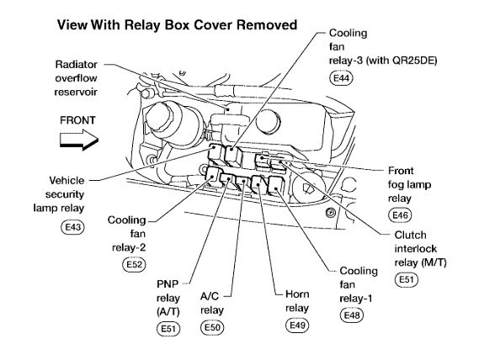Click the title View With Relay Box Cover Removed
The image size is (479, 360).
[177, 25]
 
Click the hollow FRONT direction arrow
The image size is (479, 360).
[79, 140]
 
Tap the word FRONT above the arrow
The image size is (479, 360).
[77, 120]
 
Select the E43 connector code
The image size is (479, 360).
[72, 227]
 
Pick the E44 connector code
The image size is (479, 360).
[341, 78]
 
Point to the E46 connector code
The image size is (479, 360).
[400, 215]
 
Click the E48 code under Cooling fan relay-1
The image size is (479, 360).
[352, 315]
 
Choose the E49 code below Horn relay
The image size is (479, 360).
[297, 326]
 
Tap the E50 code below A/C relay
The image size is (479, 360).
[212, 328]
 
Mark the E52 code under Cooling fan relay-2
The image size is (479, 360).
[134, 264]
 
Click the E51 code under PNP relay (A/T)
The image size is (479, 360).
[168, 329]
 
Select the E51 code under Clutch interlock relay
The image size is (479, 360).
[407, 280]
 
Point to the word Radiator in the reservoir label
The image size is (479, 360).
[76, 65]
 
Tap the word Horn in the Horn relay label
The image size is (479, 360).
[297, 294]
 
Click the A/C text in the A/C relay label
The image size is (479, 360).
[210, 296]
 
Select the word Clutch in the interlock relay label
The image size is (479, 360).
[410, 236]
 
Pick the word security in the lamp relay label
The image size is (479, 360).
[65, 194]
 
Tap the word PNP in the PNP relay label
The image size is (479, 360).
[168, 284]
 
